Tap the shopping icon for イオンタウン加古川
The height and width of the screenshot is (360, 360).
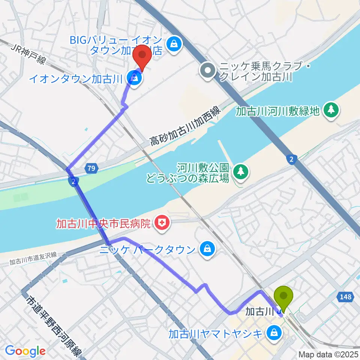point(134,78)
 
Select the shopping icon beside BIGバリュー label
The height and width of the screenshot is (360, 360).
point(174,44)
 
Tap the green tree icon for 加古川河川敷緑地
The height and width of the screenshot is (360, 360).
point(331,109)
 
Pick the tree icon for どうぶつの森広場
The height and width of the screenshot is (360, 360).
point(240,172)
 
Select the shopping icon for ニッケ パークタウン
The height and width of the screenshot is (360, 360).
point(207,249)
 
